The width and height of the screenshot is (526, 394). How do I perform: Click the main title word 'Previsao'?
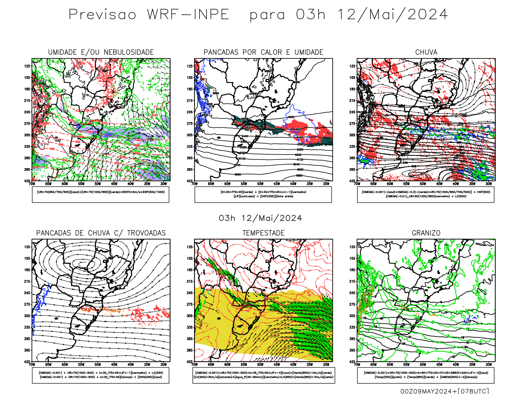pyautogui.click(x=102, y=15)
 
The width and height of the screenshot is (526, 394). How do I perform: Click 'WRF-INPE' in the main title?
pyautogui.click(x=188, y=15)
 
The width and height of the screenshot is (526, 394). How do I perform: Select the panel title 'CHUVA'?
pyautogui.click(x=426, y=52)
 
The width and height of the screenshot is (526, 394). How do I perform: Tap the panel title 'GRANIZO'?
pyautogui.click(x=426, y=233)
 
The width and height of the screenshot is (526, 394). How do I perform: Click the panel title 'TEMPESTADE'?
pyautogui.click(x=263, y=233)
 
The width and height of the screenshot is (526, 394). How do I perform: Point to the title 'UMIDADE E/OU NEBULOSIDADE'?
pyautogui.click(x=101, y=52)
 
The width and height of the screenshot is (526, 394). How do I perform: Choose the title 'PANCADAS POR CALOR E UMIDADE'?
pyautogui.click(x=263, y=52)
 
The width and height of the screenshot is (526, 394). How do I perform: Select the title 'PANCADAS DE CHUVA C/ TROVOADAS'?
pyautogui.click(x=101, y=233)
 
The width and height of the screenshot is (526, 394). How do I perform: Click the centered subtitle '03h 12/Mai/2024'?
pyautogui.click(x=260, y=218)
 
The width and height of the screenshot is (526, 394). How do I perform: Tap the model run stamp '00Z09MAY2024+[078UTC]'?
pyautogui.click(x=444, y=391)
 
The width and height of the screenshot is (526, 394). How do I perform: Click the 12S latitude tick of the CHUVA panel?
pyautogui.click(x=352, y=66)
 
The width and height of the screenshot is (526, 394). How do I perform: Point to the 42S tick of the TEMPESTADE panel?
pyautogui.click(x=190, y=362)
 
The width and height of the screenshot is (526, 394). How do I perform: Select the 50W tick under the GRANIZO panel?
pyautogui.click(x=423, y=364)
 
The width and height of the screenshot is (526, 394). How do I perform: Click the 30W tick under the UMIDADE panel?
pyautogui.click(x=163, y=184)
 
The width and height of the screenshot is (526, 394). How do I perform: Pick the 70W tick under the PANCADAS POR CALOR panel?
pyautogui.click(x=195, y=184)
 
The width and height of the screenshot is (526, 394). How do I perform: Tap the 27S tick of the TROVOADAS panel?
pyautogui.click(x=27, y=304)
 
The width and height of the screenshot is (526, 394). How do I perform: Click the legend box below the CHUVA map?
pyautogui.click(x=426, y=194)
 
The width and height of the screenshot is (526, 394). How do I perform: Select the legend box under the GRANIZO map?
pyautogui.click(x=426, y=375)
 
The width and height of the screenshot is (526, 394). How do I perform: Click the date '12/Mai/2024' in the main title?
pyautogui.click(x=393, y=15)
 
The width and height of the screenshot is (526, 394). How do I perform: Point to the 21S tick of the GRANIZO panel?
pyautogui.click(x=352, y=281)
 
